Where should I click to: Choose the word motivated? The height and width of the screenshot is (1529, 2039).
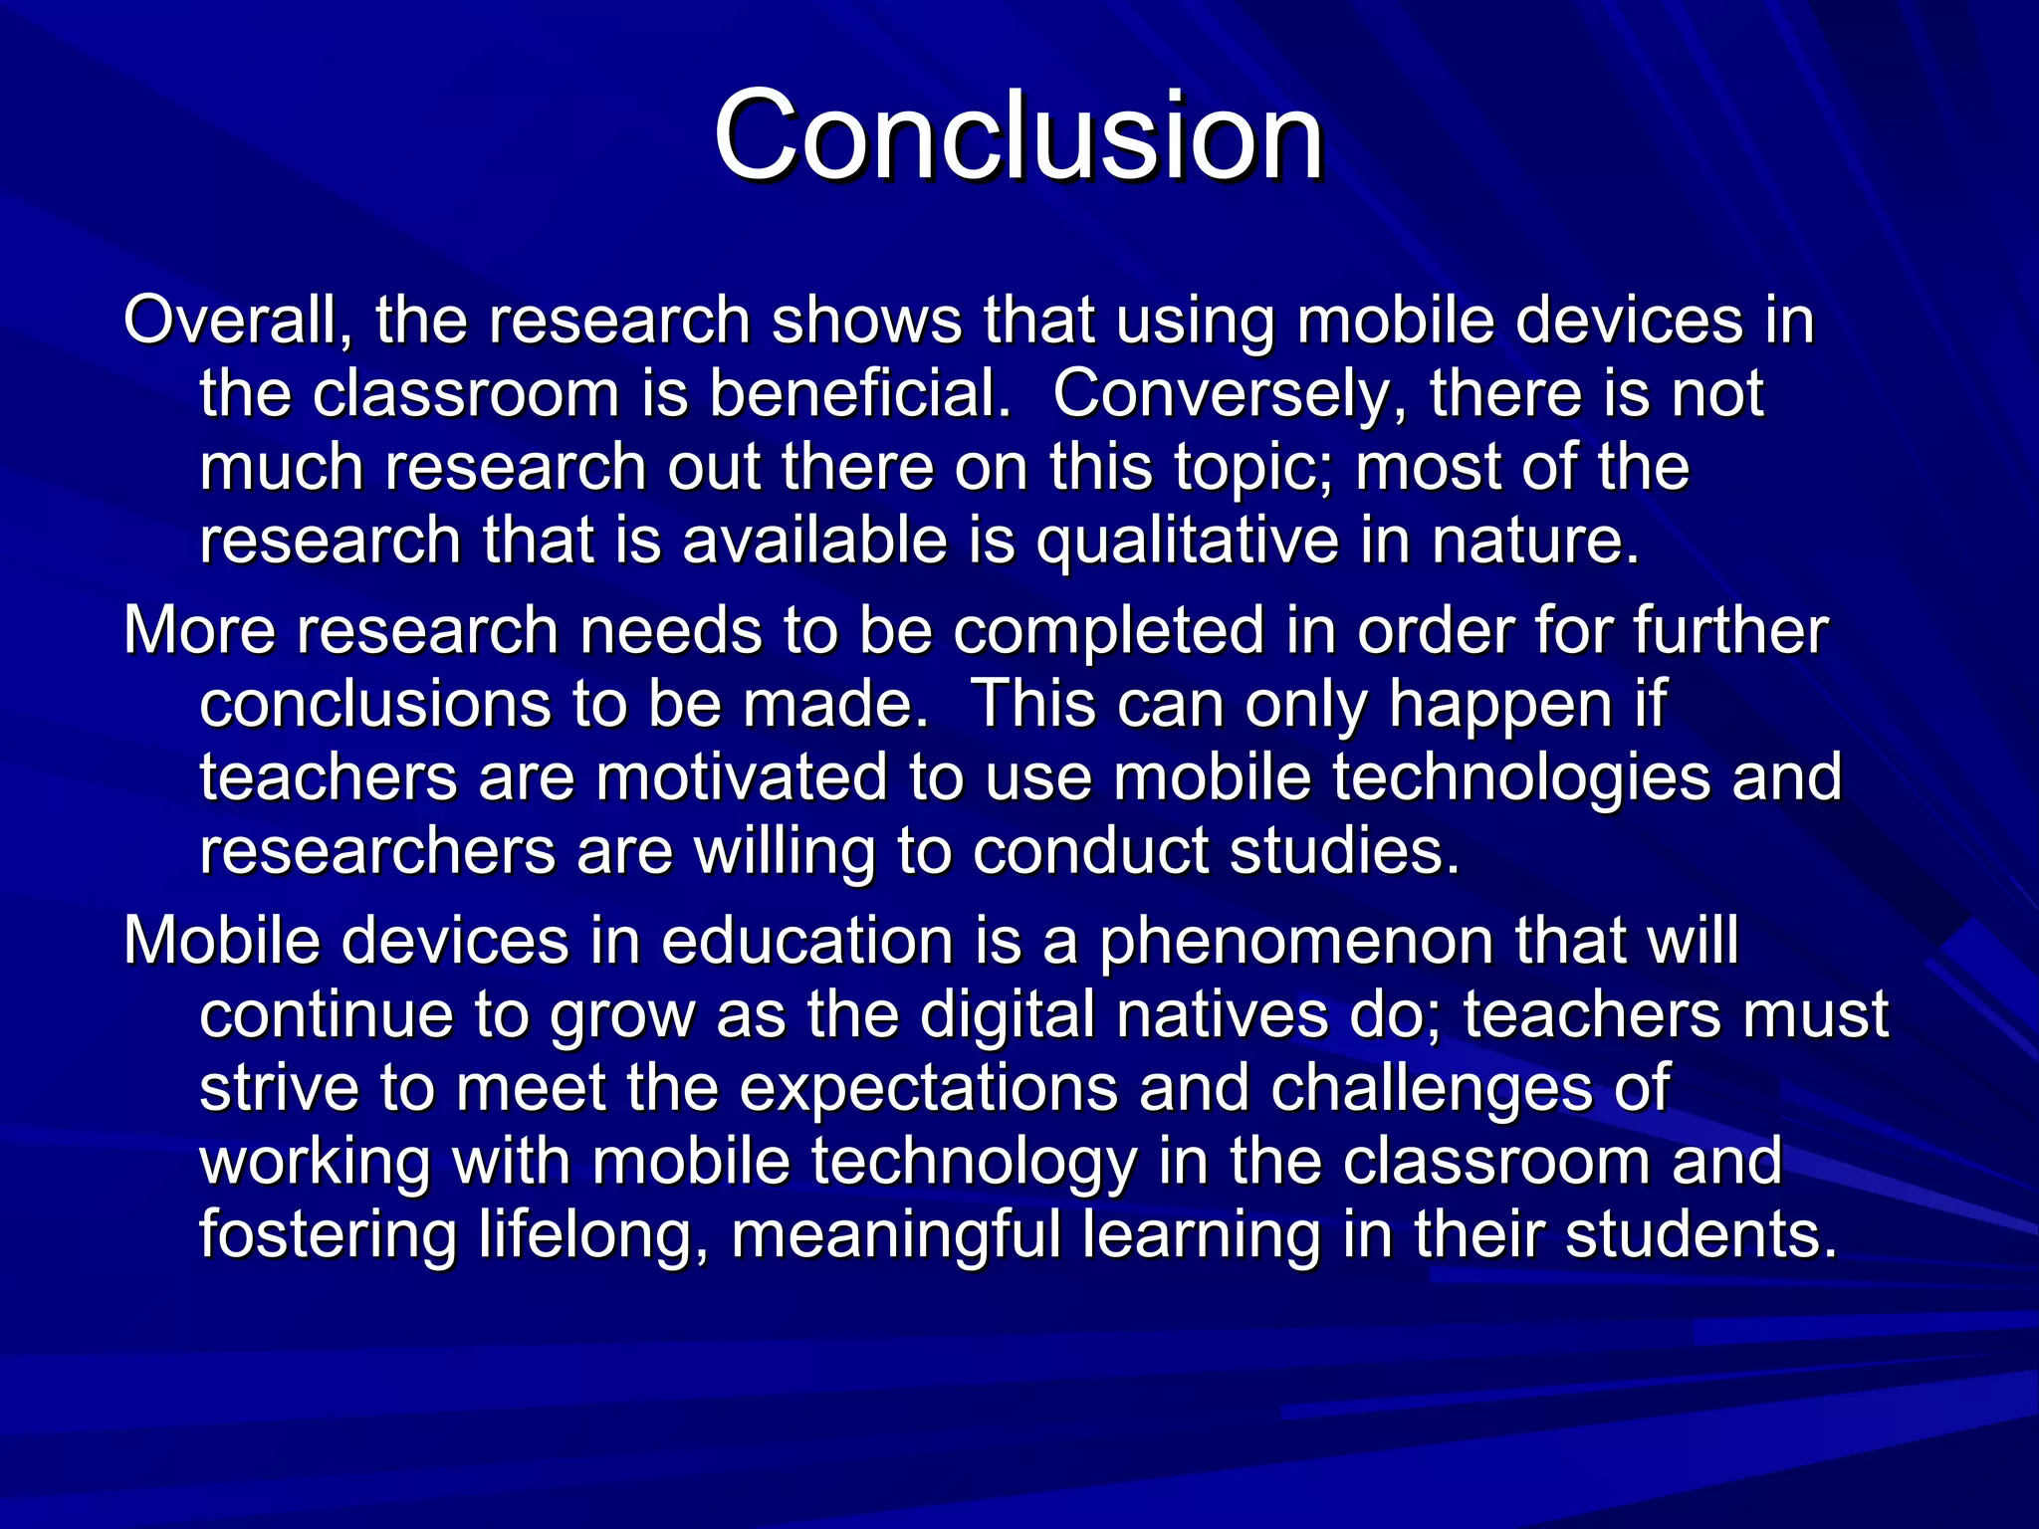tap(741, 777)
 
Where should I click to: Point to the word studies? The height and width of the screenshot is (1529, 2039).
tap(1344, 852)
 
